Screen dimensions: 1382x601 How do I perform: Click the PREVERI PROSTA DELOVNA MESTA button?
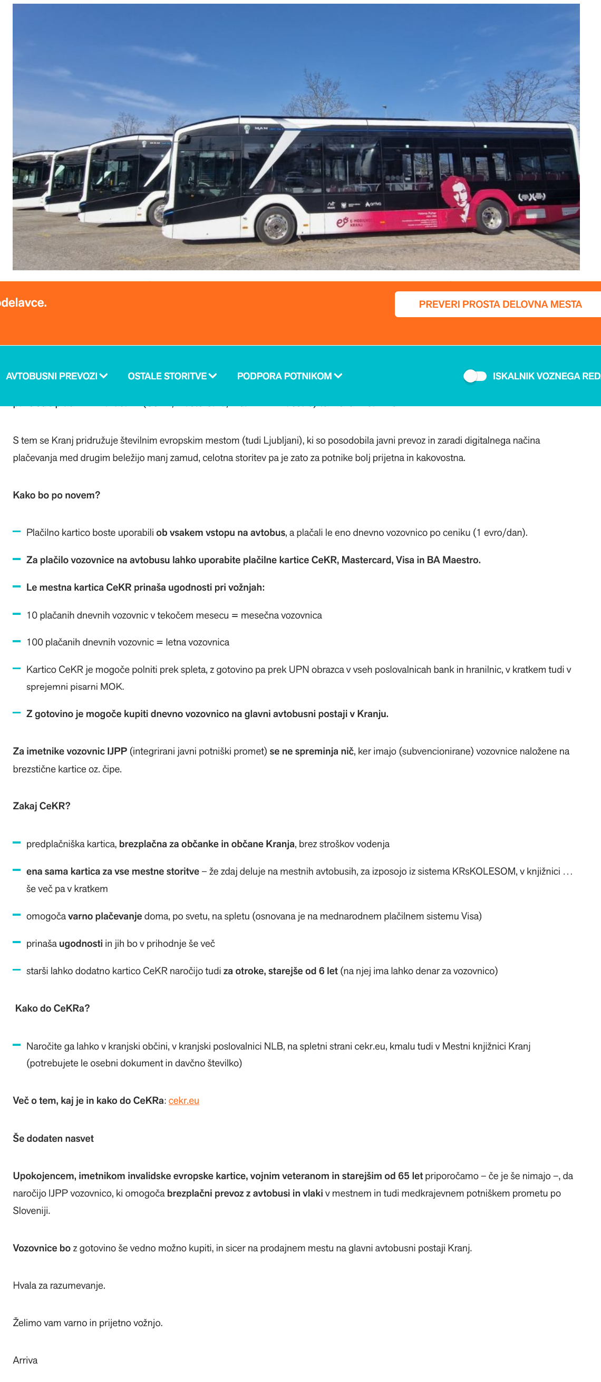pos(500,304)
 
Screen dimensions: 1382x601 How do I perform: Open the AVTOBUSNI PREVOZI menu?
pos(56,376)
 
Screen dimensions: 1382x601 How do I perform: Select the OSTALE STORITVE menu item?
pos(172,376)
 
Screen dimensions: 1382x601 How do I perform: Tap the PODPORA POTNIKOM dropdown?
pos(289,376)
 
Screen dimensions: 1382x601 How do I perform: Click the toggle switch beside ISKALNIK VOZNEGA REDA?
pos(475,376)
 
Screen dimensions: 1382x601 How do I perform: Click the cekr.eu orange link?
pos(183,1100)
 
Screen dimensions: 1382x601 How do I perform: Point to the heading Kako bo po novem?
pos(56,495)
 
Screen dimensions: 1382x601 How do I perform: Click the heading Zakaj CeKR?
pos(41,806)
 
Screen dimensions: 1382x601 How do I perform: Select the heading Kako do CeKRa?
pos(52,1008)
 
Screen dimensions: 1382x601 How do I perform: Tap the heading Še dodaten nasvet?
pos(53,1138)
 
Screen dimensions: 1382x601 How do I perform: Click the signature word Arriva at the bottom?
pos(25,1360)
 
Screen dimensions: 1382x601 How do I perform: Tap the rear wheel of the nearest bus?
pos(491,217)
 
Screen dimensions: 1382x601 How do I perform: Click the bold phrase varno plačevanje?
pos(104,916)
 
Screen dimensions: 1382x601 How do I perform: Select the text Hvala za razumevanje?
pos(59,1285)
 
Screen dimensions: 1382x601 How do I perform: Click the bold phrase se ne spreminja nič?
pos(311,751)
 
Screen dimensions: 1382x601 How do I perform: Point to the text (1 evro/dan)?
pos(500,533)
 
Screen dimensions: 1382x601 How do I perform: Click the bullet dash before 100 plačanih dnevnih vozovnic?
pos(17,642)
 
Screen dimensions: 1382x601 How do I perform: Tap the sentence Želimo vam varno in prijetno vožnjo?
pos(88,1322)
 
